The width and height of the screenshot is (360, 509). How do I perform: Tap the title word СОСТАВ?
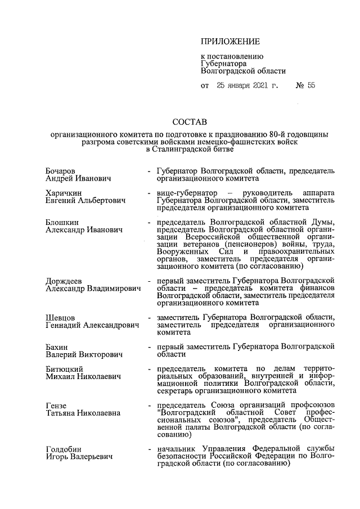pyautogui.click(x=190, y=122)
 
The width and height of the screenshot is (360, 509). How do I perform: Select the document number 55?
pyautogui.click(x=310, y=86)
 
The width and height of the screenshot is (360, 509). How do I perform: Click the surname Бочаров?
pyautogui.click(x=61, y=170)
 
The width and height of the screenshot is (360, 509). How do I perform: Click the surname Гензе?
pyautogui.click(x=56, y=405)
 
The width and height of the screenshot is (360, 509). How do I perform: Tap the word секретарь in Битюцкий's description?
pyautogui.click(x=176, y=390)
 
